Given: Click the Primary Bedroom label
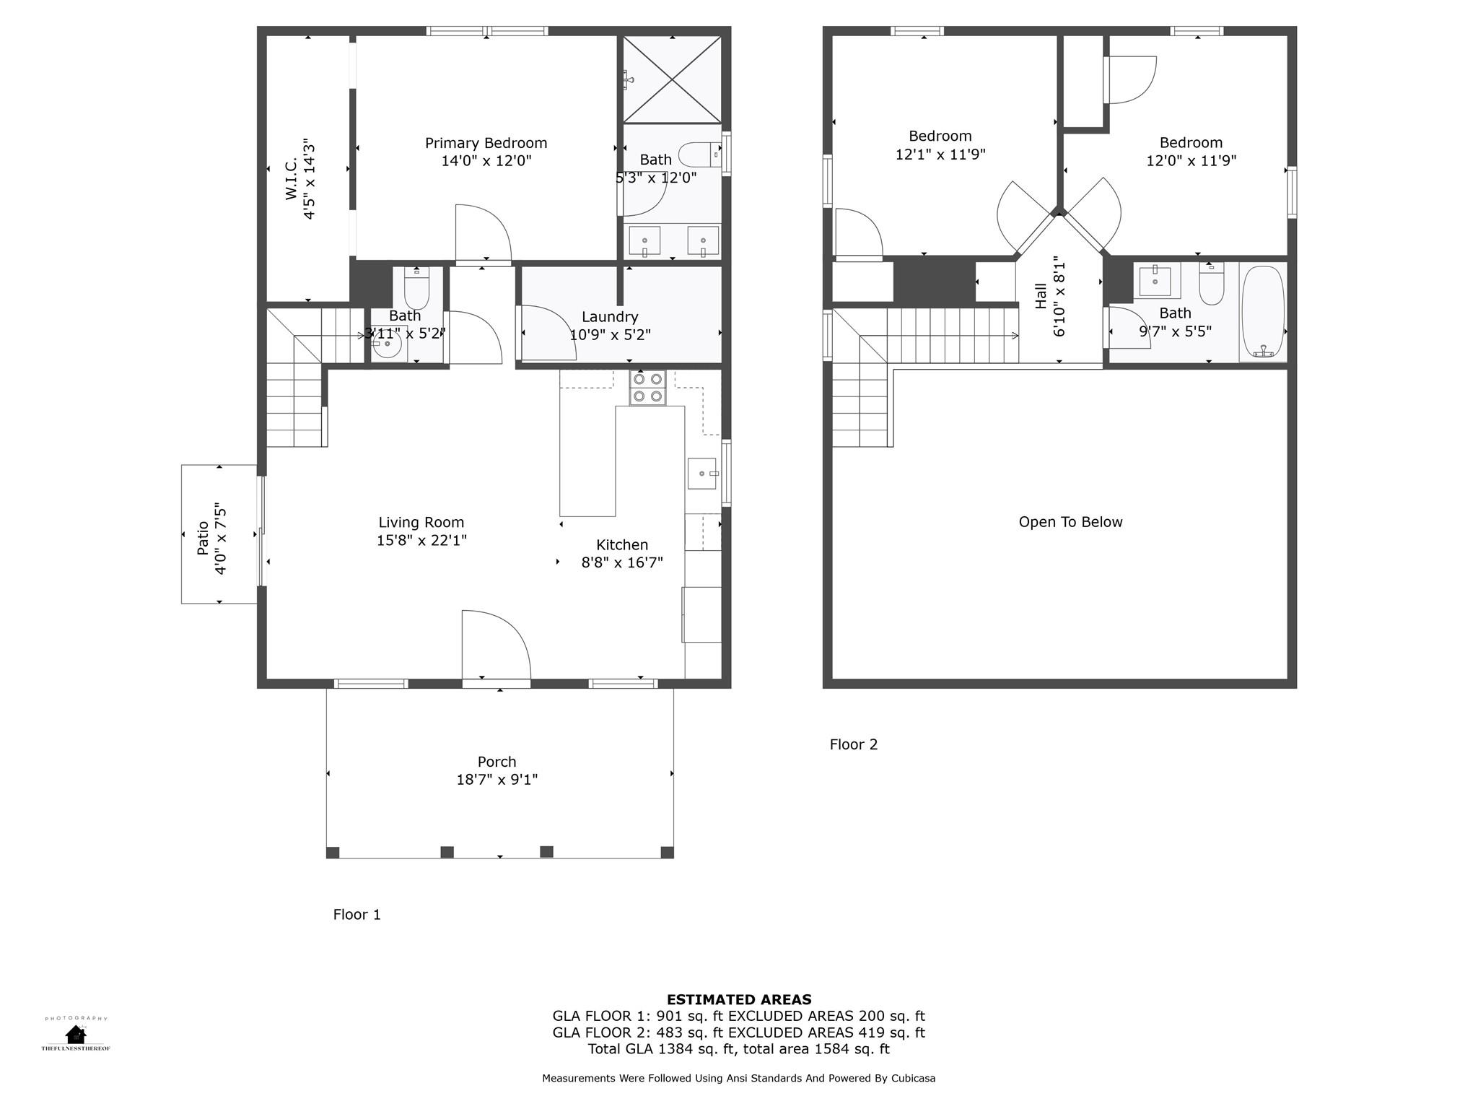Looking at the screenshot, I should [x=486, y=143].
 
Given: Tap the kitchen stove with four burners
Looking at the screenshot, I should [x=647, y=388].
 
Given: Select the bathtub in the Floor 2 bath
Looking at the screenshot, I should [x=1263, y=313].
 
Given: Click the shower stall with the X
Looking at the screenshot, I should [x=672, y=79].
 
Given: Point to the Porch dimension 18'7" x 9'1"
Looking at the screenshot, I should [x=497, y=780].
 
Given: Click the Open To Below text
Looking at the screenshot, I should [x=1070, y=522].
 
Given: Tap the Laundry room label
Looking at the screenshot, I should [x=610, y=317].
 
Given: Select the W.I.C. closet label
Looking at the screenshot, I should [x=292, y=179].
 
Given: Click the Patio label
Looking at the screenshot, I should [x=204, y=538].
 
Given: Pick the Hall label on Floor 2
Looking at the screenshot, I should [x=1041, y=295].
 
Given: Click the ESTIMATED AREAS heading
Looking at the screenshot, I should [x=738, y=1000].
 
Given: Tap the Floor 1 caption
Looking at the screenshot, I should [x=357, y=915].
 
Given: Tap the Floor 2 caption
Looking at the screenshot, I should [x=853, y=744].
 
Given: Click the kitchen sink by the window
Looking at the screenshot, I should [x=701, y=474].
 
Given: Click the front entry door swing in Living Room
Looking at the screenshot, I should [x=496, y=645].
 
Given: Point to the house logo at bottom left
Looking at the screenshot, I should [x=75, y=1034].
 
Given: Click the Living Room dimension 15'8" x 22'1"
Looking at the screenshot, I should [x=421, y=541].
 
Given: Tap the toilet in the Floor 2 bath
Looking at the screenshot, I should [x=1211, y=286].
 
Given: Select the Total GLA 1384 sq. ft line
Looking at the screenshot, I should [x=738, y=1049].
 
